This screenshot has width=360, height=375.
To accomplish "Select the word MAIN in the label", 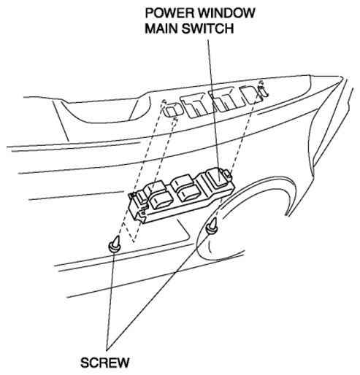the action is pos(161,28).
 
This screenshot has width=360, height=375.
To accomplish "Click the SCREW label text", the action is pos(105,363).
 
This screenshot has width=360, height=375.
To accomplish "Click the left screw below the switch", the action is pos(115,244).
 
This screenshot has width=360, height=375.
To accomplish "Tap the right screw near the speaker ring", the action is pos(212,227).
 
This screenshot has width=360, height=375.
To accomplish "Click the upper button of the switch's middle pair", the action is pos(181,182).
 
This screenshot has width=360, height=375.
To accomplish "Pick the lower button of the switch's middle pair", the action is pos(191,193).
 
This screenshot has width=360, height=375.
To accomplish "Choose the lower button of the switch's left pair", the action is pos(161,201).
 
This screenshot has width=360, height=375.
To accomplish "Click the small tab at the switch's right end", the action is pos(227,173).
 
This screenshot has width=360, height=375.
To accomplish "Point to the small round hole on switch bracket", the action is pos(142,213).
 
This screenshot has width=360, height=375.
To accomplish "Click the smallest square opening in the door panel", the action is pos(174,111).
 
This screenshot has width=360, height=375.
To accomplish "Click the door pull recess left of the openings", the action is pos(102,111).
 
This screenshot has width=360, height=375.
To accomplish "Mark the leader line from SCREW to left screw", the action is pos(110,301).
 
